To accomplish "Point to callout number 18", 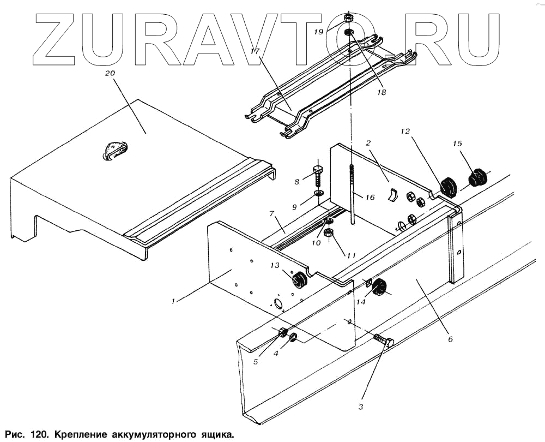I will [380, 92].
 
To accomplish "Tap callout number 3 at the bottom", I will [361, 406].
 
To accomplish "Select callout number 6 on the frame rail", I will [450, 339].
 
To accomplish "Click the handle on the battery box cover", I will [115, 151].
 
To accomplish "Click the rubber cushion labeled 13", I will [298, 280].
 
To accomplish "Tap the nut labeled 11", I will [329, 234].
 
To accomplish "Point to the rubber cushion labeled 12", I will [447, 187].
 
